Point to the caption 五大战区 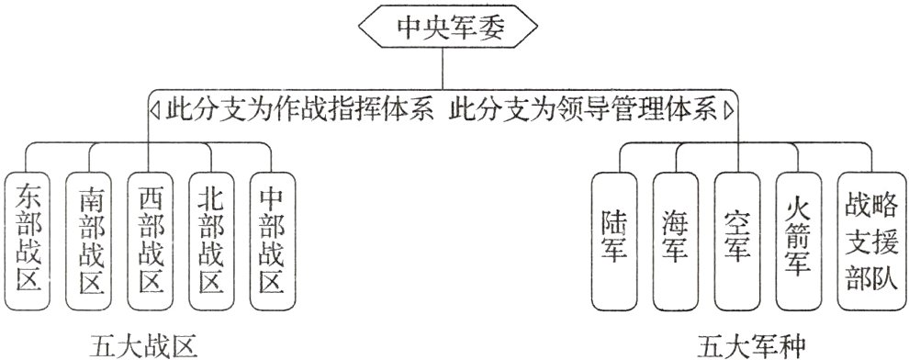tap(144, 345)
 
